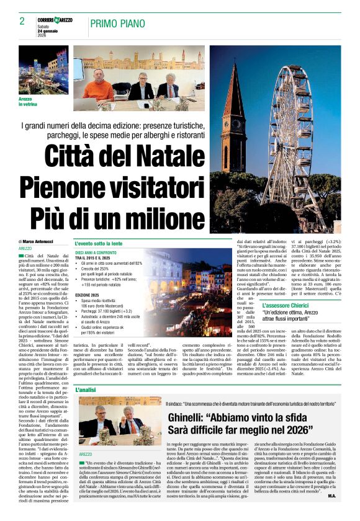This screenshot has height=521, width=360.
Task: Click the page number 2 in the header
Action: pyautogui.click(x=22, y=21)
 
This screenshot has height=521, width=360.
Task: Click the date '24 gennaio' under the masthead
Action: pyautogui.click(x=49, y=31)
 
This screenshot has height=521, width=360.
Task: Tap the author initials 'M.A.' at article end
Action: pyautogui.click(x=332, y=513)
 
